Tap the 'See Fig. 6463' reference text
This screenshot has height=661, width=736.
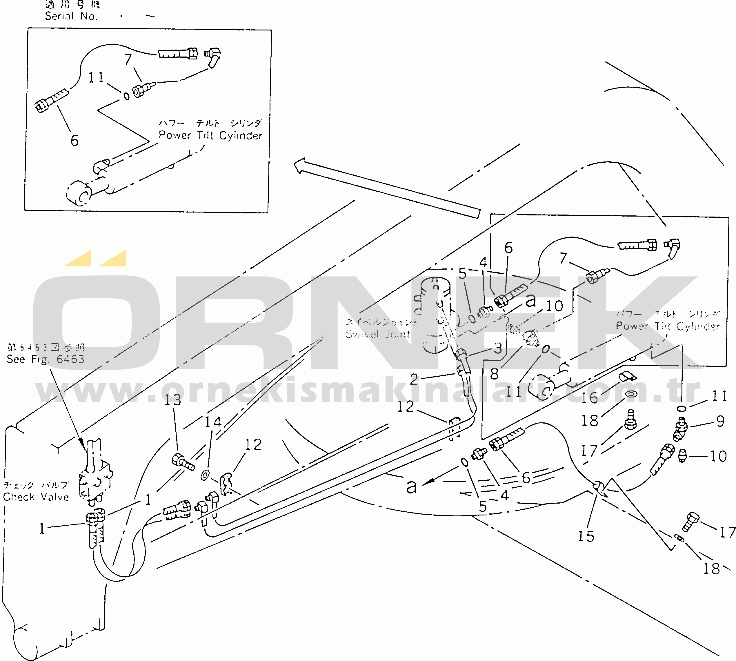[x=46, y=359]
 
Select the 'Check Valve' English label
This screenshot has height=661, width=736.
[x=36, y=497]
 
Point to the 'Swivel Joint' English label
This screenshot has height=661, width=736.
[x=378, y=334]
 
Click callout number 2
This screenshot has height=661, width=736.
[x=414, y=379]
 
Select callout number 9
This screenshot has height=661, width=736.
[x=720, y=421]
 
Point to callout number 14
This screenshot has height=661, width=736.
[x=213, y=422]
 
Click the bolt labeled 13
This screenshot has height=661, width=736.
[x=183, y=462]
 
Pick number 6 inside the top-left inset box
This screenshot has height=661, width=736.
[x=74, y=141]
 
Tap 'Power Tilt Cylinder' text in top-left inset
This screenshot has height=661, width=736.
[x=211, y=135]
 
